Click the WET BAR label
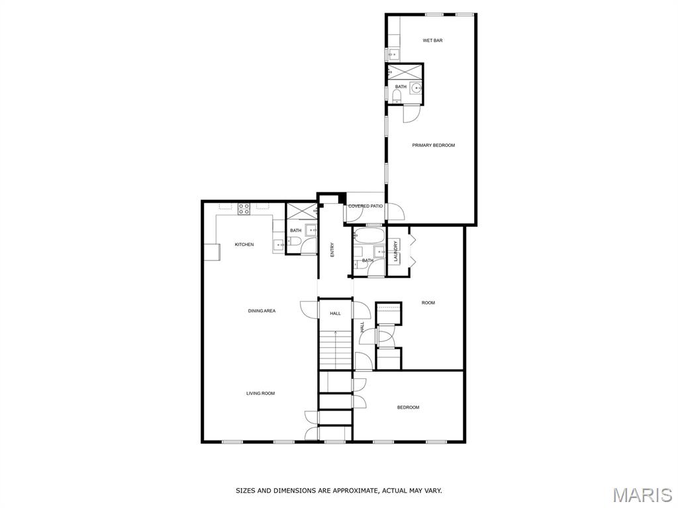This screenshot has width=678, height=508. (x=432, y=40)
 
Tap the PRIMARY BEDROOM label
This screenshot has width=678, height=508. (x=433, y=145)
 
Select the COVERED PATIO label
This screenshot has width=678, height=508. (x=365, y=206)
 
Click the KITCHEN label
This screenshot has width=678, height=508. (x=244, y=245)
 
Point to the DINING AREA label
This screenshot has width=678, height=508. (x=262, y=311)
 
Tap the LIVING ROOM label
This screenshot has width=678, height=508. (x=261, y=393)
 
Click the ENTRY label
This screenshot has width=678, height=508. (x=332, y=250)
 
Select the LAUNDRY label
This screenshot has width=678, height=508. (x=396, y=251)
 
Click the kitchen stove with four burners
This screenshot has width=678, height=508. (x=244, y=209)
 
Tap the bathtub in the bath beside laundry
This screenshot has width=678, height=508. (x=368, y=236)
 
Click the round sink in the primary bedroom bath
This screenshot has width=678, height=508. (x=416, y=88)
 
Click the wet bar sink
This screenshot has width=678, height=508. (x=393, y=54)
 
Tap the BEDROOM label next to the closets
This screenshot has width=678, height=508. (x=408, y=407)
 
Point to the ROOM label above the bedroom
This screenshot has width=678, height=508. (x=428, y=303)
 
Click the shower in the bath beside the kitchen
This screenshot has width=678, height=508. (x=302, y=212)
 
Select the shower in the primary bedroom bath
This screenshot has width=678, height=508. (x=404, y=71)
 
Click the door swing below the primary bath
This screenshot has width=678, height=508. (x=411, y=114)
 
